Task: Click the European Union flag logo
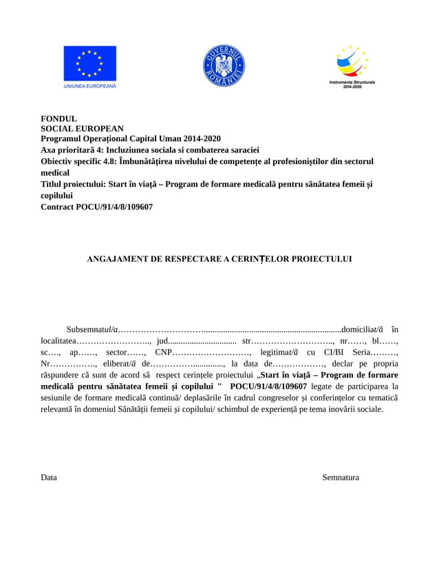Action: click(x=89, y=63)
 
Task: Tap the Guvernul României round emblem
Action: click(x=224, y=66)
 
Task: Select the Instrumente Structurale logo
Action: click(x=352, y=63)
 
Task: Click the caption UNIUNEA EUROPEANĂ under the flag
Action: click(x=89, y=86)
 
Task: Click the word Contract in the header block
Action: click(x=58, y=206)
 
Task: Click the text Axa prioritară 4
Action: click(x=76, y=149)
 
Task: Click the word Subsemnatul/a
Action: click(x=93, y=329)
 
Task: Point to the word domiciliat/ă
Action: click(x=363, y=329)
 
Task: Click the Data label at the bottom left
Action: click(x=49, y=477)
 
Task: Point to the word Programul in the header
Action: click(x=63, y=138)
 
